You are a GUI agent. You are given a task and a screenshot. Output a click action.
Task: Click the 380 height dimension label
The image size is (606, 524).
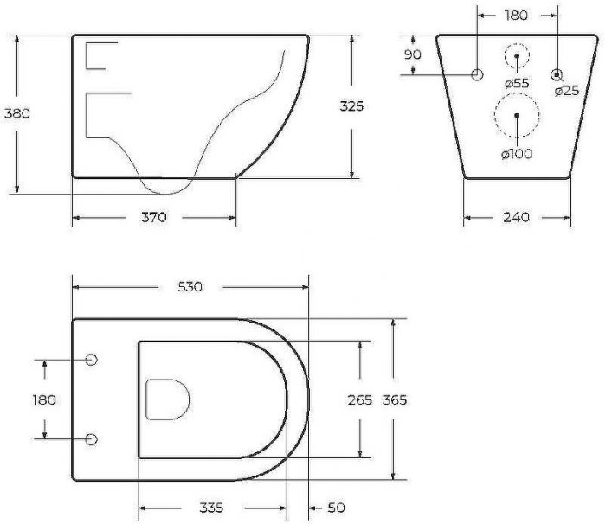17,113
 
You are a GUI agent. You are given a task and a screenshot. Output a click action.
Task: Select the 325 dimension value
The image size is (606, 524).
351,106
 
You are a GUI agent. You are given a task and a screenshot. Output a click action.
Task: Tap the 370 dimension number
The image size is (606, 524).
154,217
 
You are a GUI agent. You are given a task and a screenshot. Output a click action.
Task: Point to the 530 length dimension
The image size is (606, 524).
190,287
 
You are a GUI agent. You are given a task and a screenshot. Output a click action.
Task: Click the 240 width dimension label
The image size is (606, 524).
516,217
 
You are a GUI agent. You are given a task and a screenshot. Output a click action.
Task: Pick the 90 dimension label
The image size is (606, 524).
412,54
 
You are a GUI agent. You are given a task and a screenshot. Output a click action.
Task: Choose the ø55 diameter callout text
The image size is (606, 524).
517,83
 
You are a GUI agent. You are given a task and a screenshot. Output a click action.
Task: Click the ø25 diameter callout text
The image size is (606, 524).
567,91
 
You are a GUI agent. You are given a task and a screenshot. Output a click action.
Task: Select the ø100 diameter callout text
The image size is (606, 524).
517,154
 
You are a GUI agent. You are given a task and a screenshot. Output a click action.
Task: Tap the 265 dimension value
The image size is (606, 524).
360,400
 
